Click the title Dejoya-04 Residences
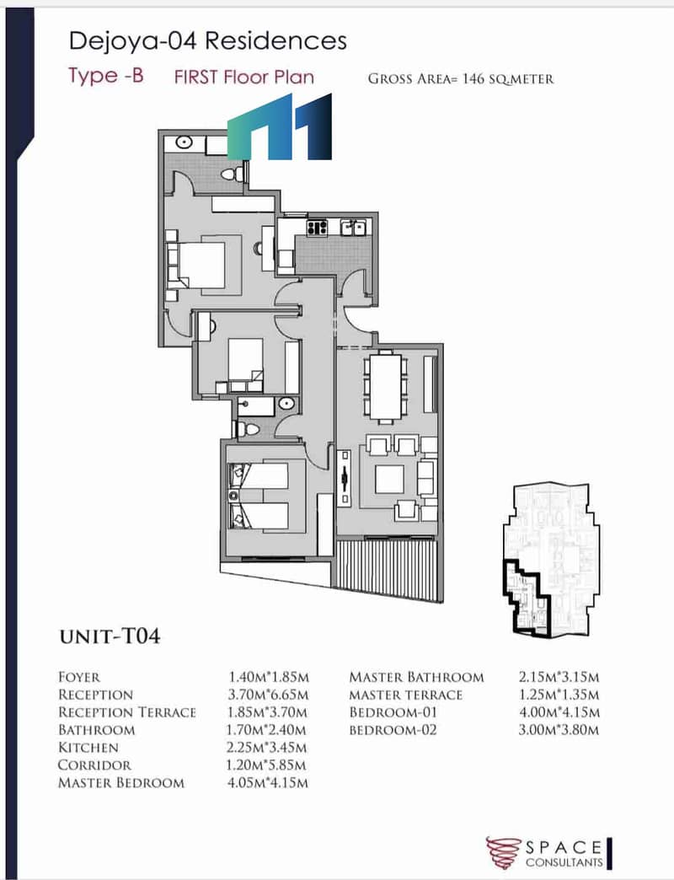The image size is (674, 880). click(207, 41)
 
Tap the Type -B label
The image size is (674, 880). click(106, 75)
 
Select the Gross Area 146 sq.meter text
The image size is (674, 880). click(461, 78)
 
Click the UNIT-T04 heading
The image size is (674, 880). click(110, 636)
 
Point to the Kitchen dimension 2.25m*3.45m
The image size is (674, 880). click(267, 748)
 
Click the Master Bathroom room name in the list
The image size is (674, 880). click(416, 677)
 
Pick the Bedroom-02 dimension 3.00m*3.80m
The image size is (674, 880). click(559, 730)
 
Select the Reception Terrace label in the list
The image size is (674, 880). click(127, 712)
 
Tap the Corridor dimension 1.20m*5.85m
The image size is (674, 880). click(267, 765)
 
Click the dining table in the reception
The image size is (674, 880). click(385, 387)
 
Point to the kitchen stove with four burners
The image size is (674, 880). click(317, 228)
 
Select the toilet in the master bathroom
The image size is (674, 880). click(233, 174)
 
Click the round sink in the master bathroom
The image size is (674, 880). click(185, 142)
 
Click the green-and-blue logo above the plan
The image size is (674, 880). click(280, 126)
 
